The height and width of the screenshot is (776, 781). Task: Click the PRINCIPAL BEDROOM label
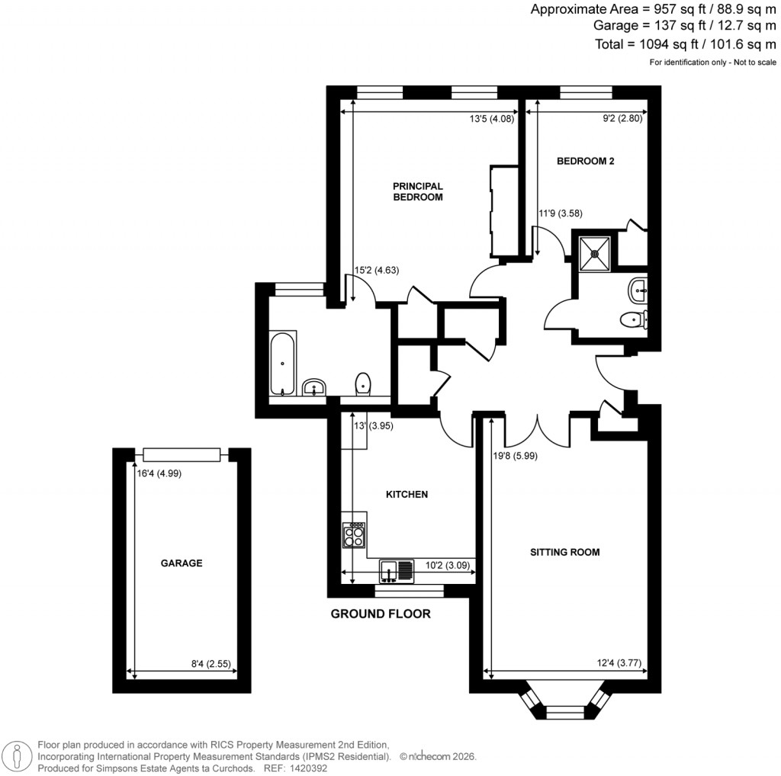[x=417, y=191]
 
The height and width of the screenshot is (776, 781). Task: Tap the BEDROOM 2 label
[x=585, y=161]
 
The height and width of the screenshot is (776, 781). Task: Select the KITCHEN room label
[x=407, y=495]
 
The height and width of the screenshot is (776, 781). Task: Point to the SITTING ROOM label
[x=565, y=552]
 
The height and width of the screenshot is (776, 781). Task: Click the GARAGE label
[x=181, y=563]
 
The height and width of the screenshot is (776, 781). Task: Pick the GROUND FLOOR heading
[x=381, y=614]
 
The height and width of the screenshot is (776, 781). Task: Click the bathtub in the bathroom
[x=283, y=364]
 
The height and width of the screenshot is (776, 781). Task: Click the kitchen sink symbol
[x=397, y=569]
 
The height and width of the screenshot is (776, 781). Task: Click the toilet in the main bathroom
[x=363, y=383]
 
